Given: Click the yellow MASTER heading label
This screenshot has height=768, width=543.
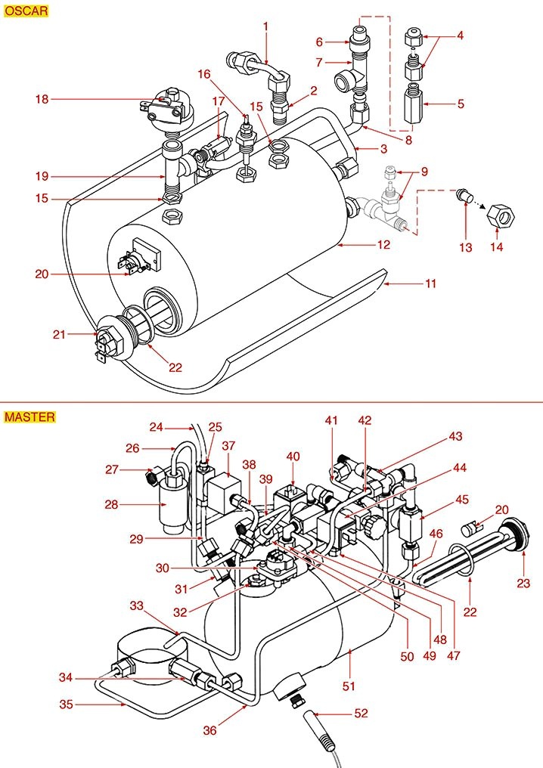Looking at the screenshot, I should [29, 417].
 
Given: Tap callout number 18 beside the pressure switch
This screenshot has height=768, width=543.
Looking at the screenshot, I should [42, 99].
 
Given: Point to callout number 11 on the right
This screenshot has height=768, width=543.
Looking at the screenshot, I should [431, 284].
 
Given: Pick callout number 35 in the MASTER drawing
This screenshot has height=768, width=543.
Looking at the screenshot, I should [67, 705].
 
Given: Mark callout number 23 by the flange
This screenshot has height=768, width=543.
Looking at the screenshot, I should [523, 583].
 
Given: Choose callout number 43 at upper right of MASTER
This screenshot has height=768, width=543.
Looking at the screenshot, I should [455, 436].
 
